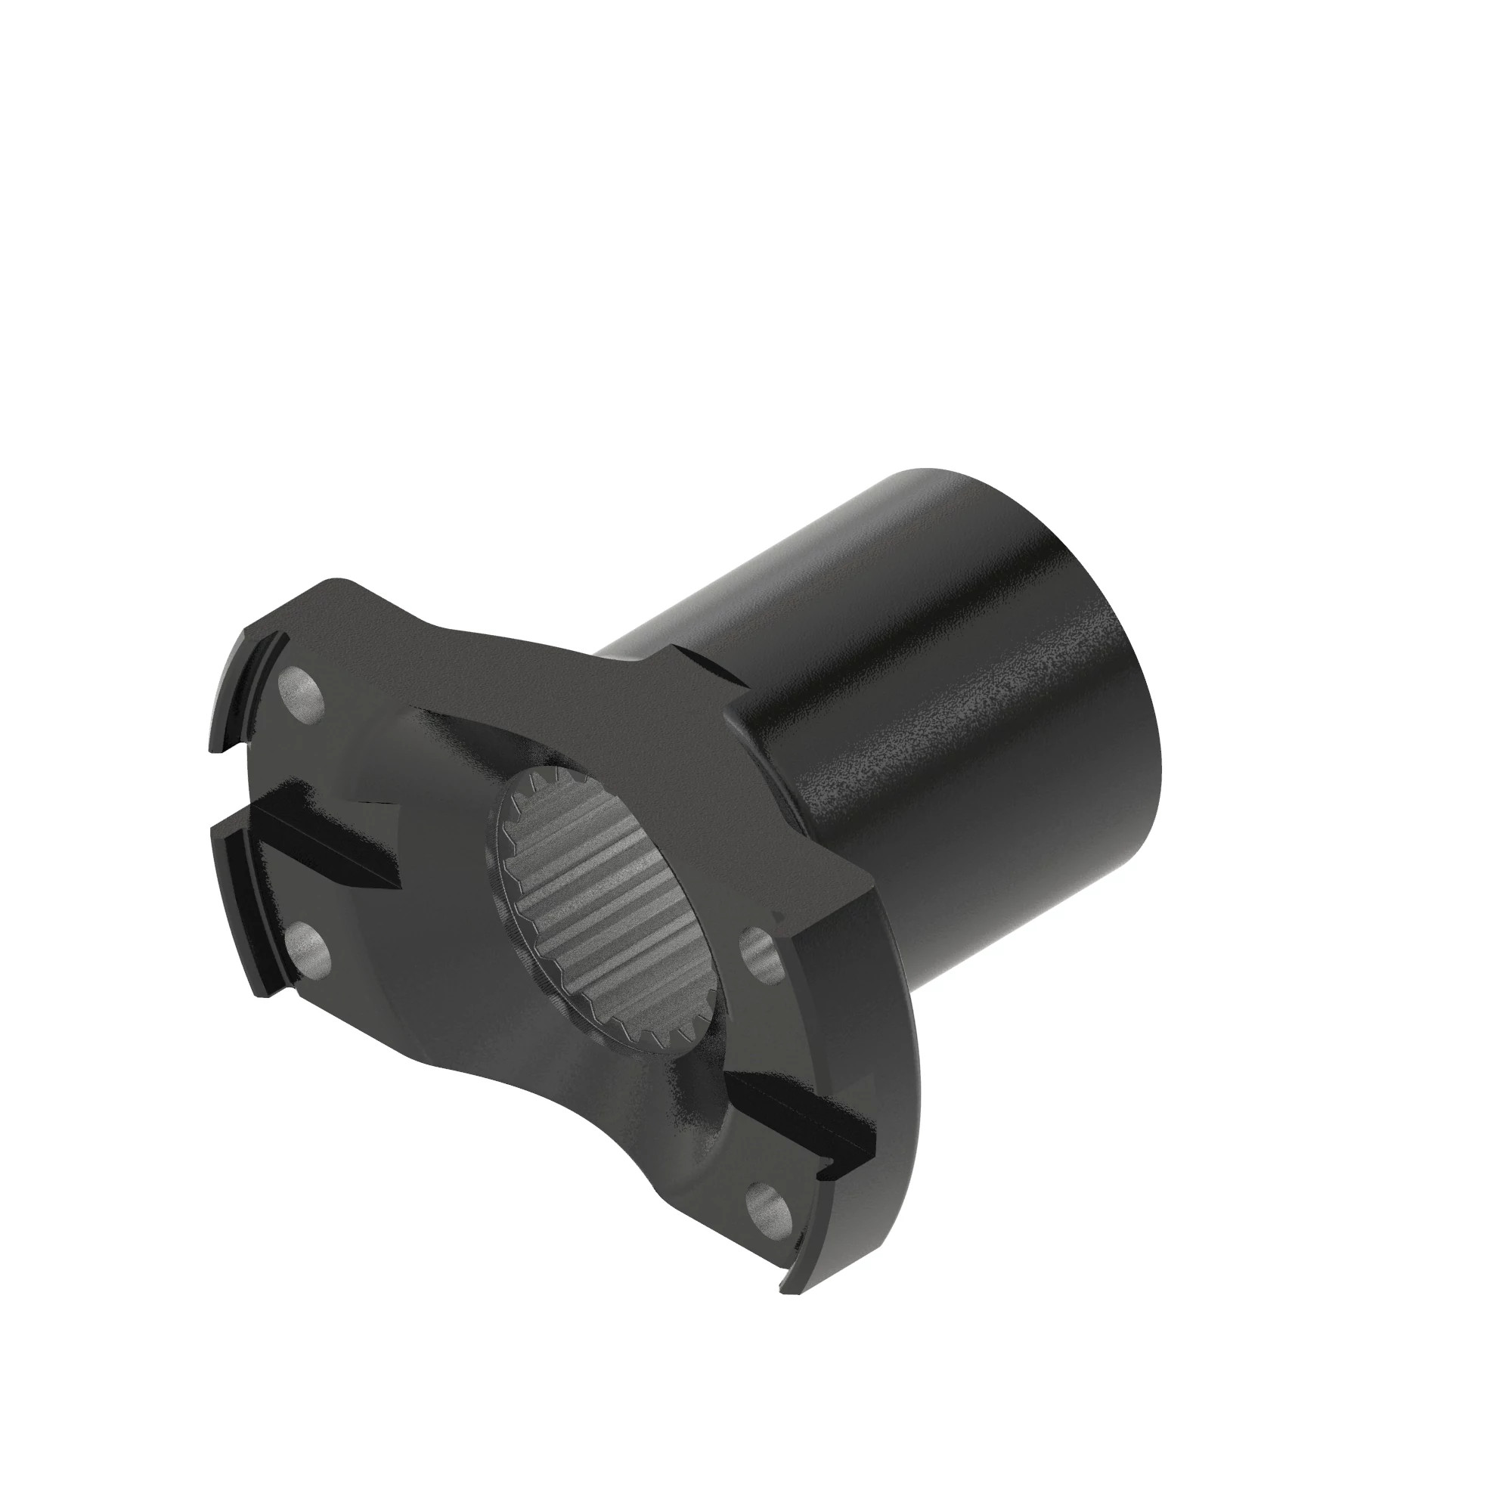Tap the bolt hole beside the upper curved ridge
tap(302, 696)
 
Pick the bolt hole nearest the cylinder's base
tap(757, 954)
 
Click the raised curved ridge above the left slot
tap(246, 689)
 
